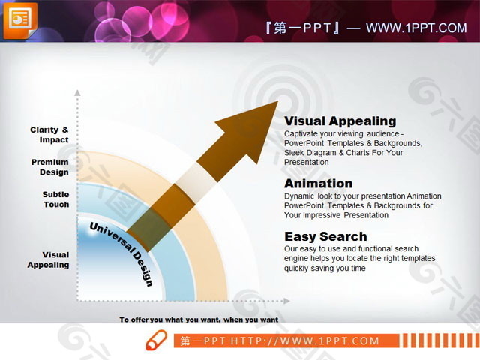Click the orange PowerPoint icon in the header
[20, 20]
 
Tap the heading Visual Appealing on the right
[340, 121]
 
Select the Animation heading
[318, 184]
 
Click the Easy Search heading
[325, 237]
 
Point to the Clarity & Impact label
[49, 135]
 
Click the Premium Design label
[50, 167]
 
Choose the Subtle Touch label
[55, 199]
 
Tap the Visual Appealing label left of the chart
[49, 259]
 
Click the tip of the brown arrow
[276, 103]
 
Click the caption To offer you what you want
[199, 319]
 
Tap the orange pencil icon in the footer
[156, 340]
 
